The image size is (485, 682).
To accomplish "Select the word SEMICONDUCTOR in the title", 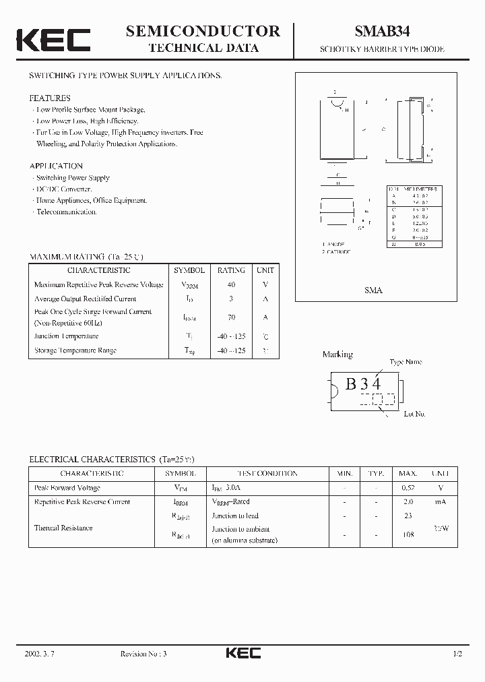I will (x=203, y=31).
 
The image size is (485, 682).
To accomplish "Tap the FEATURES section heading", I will (x=50, y=98).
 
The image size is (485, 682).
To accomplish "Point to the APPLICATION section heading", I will (x=56, y=166).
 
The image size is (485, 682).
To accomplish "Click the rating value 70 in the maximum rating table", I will (x=231, y=317).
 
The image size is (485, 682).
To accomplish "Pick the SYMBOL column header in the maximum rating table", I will (x=189, y=270).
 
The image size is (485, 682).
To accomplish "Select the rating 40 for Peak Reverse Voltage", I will (x=231, y=284).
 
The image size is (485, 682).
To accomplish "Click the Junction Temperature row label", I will (x=66, y=336).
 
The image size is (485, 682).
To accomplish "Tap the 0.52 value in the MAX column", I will (x=408, y=487).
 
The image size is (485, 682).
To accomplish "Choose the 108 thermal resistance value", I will (x=407, y=534).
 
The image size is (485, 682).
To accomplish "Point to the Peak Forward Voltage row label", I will (x=67, y=487).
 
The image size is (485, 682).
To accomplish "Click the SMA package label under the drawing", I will (x=373, y=290).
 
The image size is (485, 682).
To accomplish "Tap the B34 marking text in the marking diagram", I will (x=363, y=385).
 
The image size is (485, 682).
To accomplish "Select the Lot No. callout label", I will (x=414, y=414).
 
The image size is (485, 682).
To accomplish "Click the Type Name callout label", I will (x=406, y=362).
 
